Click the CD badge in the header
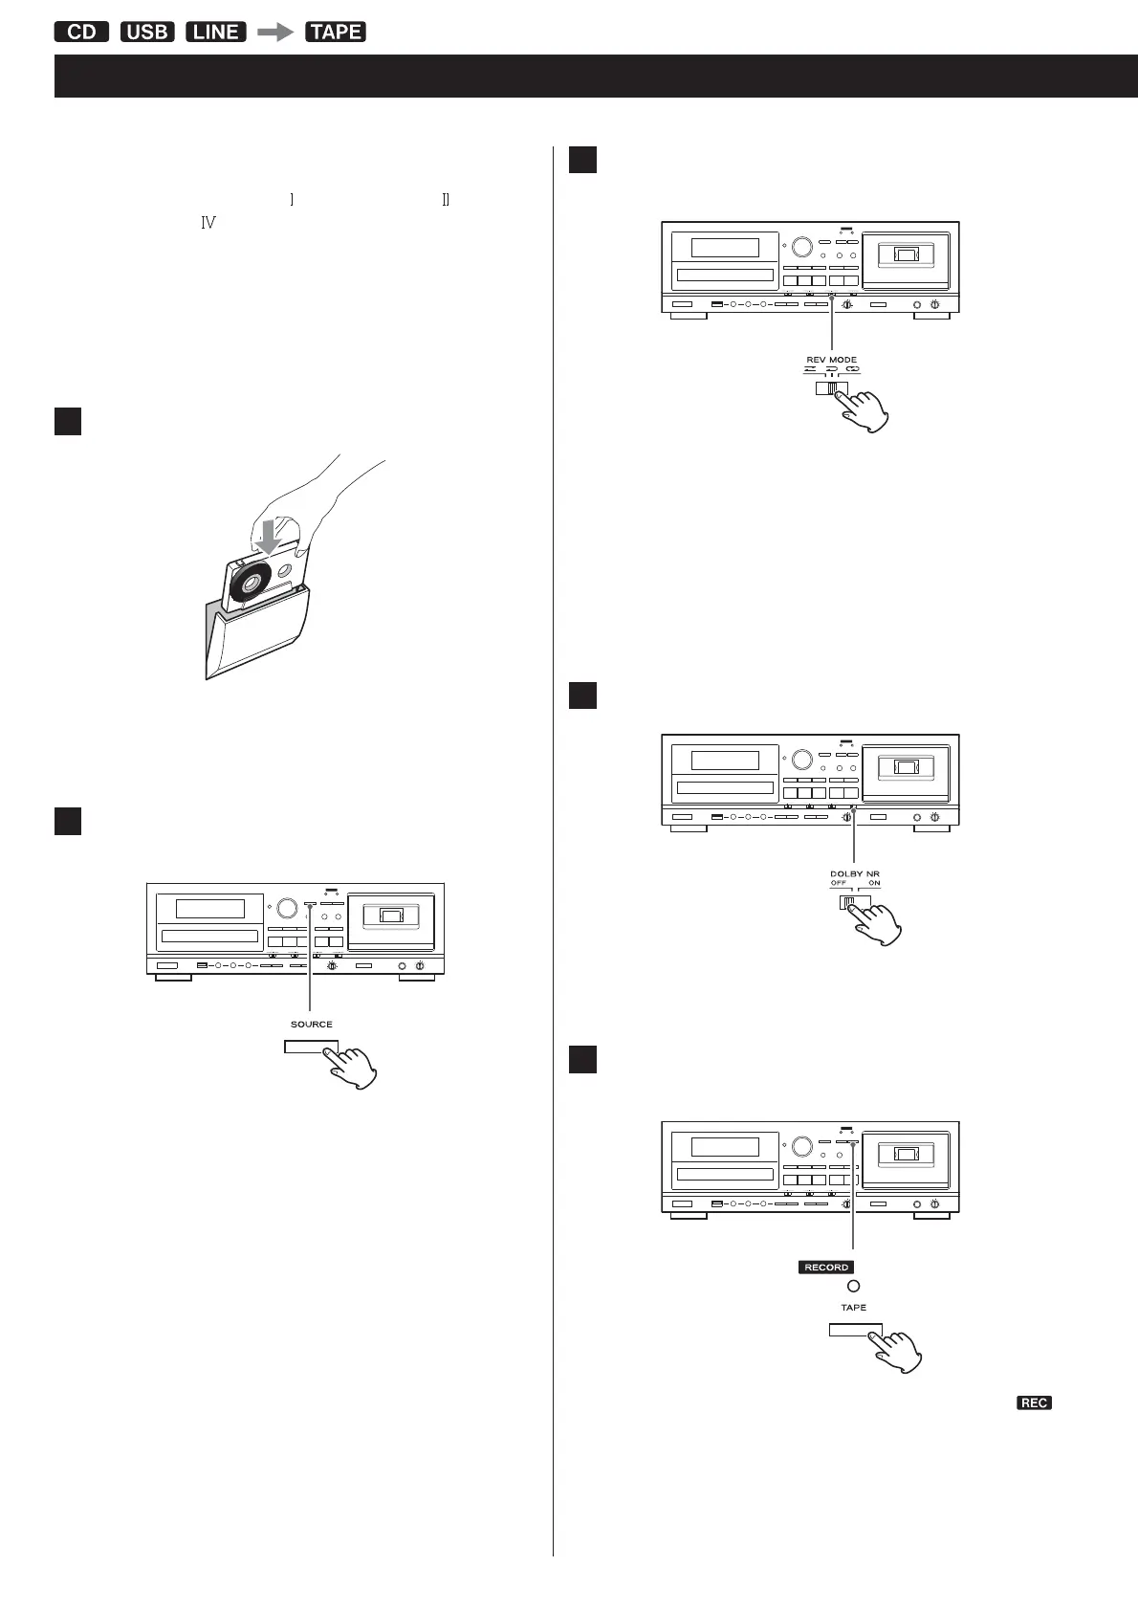pyautogui.click(x=82, y=32)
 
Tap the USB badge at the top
pyautogui.click(x=147, y=32)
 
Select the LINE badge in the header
pyautogui.click(x=216, y=32)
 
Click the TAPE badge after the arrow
pyautogui.click(x=336, y=32)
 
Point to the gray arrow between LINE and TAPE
pyautogui.click(x=276, y=32)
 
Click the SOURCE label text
pyautogui.click(x=312, y=1024)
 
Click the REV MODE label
pyautogui.click(x=831, y=360)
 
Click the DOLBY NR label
pyautogui.click(x=854, y=872)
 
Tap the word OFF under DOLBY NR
pyautogui.click(x=839, y=883)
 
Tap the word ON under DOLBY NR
pyautogui.click(x=874, y=883)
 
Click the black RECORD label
pyautogui.click(x=826, y=1267)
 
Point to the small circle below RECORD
pyautogui.click(x=854, y=1287)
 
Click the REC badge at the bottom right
pyautogui.click(x=1034, y=1402)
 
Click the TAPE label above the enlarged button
pyautogui.click(x=854, y=1308)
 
